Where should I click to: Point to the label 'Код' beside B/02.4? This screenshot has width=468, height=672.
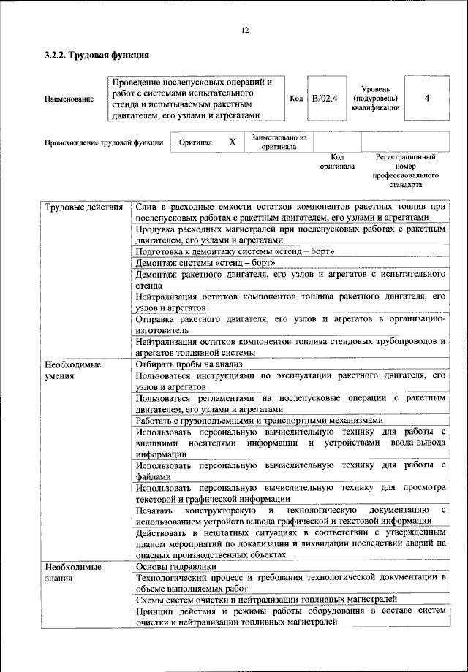pos(296,98)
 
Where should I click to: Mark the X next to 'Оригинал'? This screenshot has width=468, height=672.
pos(232,142)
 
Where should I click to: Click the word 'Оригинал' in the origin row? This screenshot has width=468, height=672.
pos(195,142)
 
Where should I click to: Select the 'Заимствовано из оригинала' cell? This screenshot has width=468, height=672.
pos(279,142)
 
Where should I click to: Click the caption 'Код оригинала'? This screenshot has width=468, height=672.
pos(336,161)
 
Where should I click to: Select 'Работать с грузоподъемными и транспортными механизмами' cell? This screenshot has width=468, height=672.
pos(259,421)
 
